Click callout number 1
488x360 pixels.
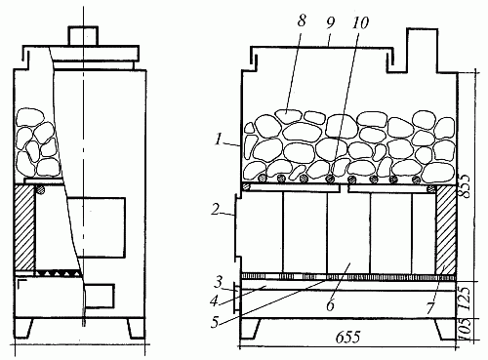(218, 140)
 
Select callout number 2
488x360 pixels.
(216, 209)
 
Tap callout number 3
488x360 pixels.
(219, 282)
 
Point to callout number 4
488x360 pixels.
(214, 301)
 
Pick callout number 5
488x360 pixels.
(215, 322)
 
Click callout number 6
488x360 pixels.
(331, 305)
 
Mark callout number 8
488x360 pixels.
(302, 20)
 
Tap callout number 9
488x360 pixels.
(331, 22)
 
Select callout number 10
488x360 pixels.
(360, 22)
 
